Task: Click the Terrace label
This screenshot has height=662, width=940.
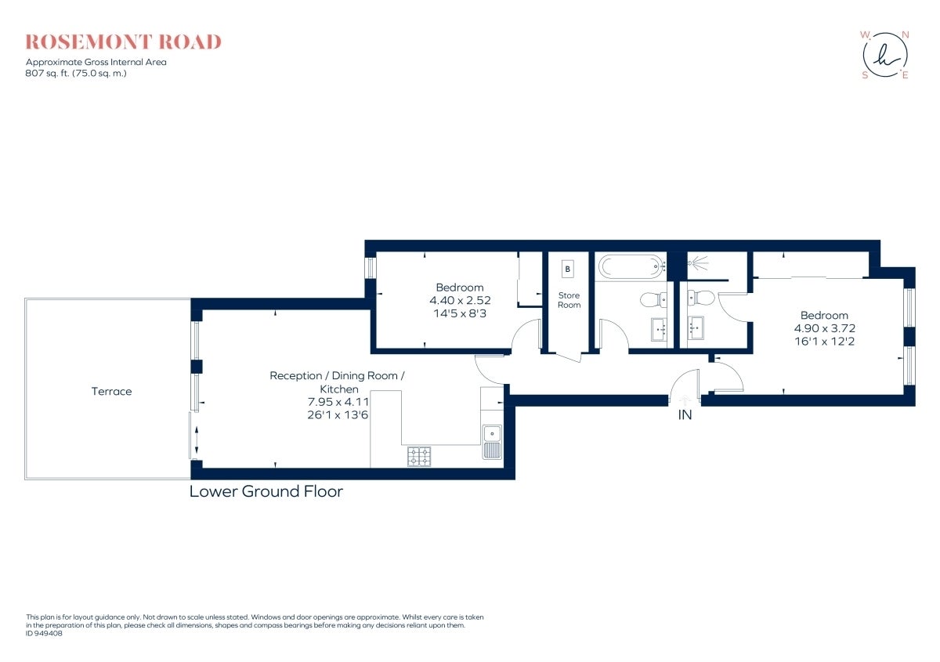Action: tap(111, 391)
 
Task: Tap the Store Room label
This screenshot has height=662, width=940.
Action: tap(569, 300)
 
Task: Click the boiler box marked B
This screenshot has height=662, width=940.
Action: tap(567, 269)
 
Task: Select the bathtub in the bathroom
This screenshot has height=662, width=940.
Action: tap(631, 266)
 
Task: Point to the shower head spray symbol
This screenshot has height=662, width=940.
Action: tap(699, 263)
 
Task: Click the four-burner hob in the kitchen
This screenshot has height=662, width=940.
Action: tap(419, 457)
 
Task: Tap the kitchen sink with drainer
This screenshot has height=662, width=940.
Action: tap(492, 442)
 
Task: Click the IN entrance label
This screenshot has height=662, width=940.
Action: tap(685, 415)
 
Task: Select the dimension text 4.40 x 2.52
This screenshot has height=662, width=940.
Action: tap(460, 301)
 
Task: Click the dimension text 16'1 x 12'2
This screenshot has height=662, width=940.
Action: tap(824, 342)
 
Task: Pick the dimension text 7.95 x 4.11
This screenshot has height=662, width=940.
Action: tap(338, 402)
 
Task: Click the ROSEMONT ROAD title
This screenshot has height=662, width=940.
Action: tap(124, 42)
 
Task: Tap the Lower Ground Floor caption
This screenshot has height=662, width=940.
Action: tap(266, 491)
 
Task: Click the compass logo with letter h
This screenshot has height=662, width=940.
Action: tap(885, 56)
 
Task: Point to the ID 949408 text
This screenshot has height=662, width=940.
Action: tap(44, 634)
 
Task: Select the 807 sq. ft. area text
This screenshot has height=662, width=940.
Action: tap(76, 74)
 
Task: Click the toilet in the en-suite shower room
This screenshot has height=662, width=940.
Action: tap(701, 298)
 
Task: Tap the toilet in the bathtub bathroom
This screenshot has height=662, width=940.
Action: tap(653, 300)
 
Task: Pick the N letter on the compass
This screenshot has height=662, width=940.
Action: tap(906, 35)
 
